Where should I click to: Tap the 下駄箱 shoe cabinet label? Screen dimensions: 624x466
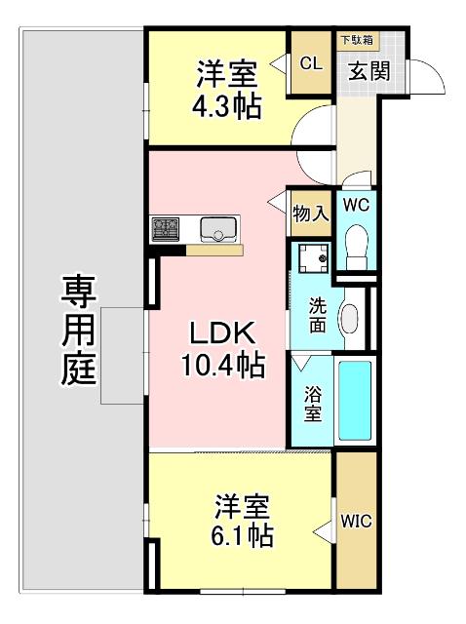356,40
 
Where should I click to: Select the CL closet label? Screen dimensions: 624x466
311,64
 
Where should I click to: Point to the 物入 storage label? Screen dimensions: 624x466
310,214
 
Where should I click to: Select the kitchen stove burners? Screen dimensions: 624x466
165,230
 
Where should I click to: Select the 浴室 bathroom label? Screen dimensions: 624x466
312,404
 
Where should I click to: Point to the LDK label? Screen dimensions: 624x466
223,332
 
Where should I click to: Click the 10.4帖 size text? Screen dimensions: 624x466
223,367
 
